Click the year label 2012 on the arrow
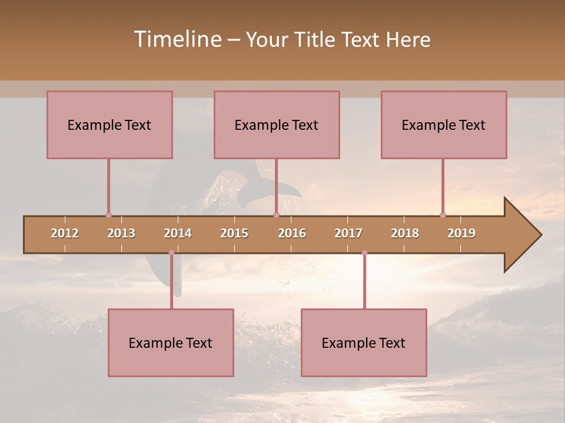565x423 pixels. point(65,233)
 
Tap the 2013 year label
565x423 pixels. point(121,233)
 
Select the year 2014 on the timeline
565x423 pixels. point(178,233)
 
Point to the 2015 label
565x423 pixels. point(234,233)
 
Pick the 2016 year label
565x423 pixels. point(292,233)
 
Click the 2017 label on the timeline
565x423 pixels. point(348,233)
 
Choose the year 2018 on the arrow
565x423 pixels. point(405,233)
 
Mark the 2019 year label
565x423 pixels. point(461,233)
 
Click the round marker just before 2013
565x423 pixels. point(108,215)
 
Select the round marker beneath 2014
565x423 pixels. point(171,253)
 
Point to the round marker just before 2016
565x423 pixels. point(276,215)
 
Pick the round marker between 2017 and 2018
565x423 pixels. point(364,253)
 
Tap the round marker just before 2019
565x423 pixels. point(443,215)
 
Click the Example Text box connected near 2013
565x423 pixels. point(109,125)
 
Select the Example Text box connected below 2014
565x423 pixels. point(171,343)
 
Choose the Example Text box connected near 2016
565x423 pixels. point(277,125)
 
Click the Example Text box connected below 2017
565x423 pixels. point(364,343)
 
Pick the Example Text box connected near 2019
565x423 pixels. point(444,125)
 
